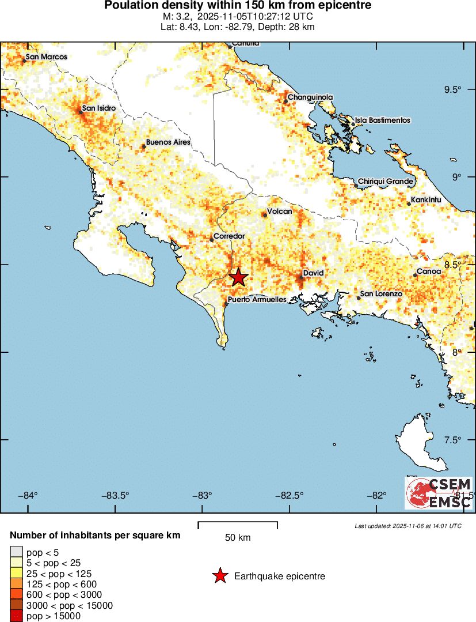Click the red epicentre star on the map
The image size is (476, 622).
coord(238,277)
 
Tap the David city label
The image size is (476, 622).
coord(314,273)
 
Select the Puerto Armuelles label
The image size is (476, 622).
coord(257,300)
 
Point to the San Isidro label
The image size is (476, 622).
coord(98,108)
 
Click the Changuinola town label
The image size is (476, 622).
coord(310,97)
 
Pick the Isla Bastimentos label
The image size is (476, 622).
coord(382,120)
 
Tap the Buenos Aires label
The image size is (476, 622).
coord(167,142)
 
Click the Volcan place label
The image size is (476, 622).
coord(280,211)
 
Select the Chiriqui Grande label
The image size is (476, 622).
coord(386,182)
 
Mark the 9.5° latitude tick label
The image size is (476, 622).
coord(453,89)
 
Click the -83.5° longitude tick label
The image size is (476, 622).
coord(116,496)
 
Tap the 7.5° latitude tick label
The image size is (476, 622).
coord(453,440)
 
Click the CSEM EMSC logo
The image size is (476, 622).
coord(439,493)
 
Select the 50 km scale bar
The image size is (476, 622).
coord(238,525)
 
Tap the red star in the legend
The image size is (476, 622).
coord(219,576)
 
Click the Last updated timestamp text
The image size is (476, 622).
coord(408,526)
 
